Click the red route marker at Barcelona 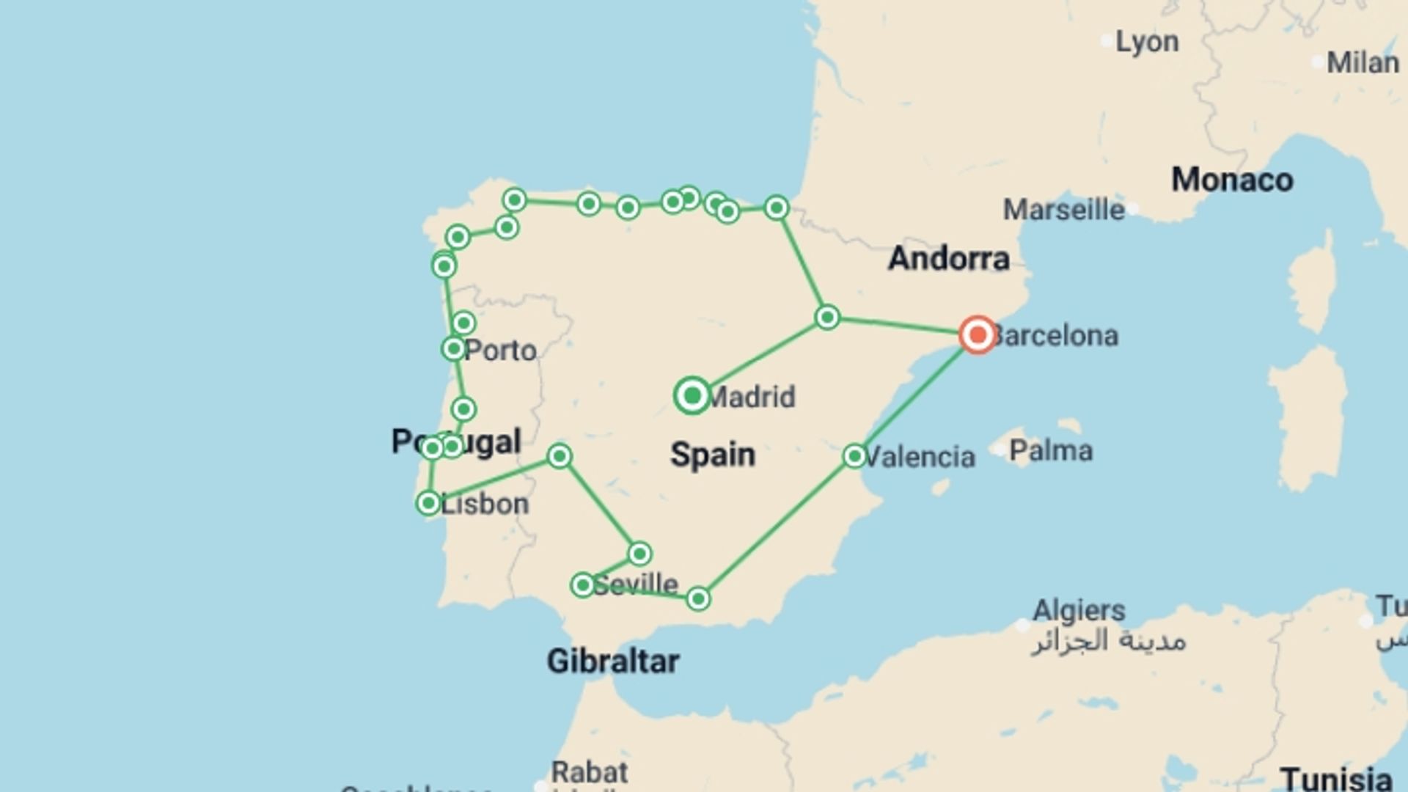pos(978,335)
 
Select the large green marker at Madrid pos(692,396)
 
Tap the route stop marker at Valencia pos(854,456)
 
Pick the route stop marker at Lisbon pos(428,503)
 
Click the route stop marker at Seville pos(582,585)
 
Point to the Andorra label pos(948,259)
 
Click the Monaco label pos(1232,180)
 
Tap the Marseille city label pos(1063,210)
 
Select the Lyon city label pos(1147,43)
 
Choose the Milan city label pos(1363,63)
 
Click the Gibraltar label pos(613,661)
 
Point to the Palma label pos(1050,450)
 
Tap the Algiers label pos(1079,610)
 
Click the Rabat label pos(590,772)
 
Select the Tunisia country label pos(1336,779)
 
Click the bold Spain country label pos(712,455)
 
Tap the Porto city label pos(500,351)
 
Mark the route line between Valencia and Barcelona pos(917,395)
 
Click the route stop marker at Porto pos(454,348)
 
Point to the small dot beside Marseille pos(1133,209)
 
